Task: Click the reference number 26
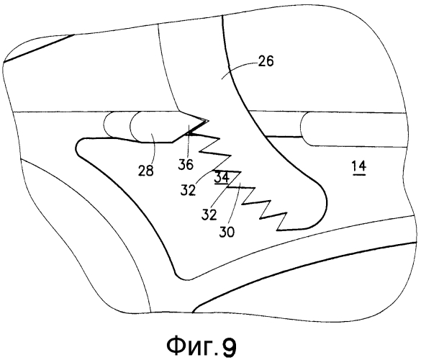pos(266,61)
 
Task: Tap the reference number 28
pos(146,171)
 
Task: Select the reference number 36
pos(186,164)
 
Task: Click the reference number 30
pos(227,232)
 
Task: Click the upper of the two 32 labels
pos(188,191)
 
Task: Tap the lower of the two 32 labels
pos(209,215)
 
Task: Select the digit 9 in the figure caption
pos(229,346)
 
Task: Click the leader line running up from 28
pos(153,147)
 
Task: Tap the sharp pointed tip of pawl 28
pos(208,121)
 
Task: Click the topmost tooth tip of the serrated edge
pos(220,139)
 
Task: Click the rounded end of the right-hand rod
pos(302,128)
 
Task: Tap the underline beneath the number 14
pos(359,175)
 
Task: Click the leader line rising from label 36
pos(189,141)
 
